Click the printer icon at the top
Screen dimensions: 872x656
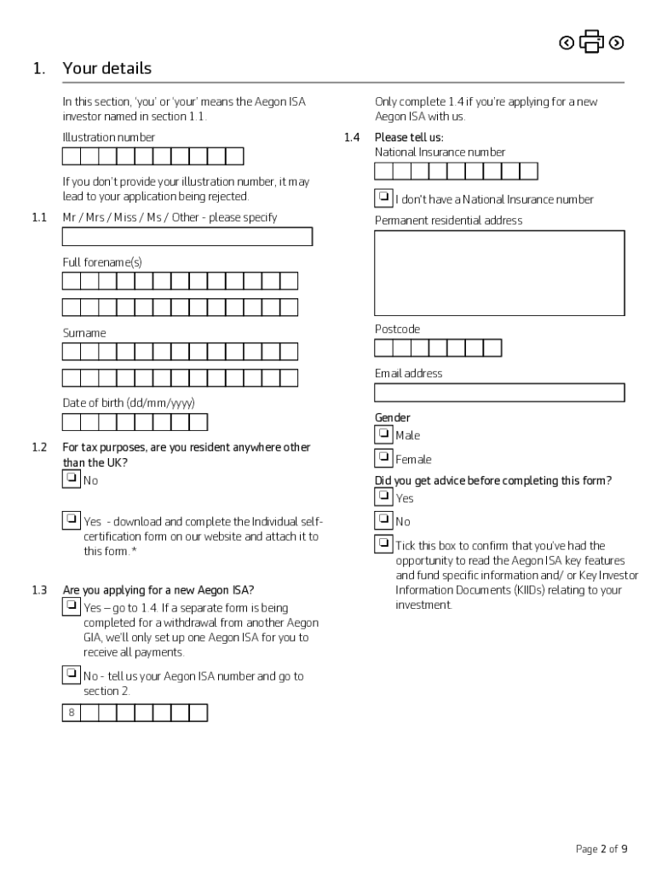point(591,42)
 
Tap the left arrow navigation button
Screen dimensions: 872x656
point(567,43)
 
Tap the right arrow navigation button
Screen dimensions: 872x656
point(617,43)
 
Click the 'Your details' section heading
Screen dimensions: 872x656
point(106,68)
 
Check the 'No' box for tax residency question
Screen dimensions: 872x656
point(72,479)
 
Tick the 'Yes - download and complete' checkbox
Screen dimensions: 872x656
point(72,519)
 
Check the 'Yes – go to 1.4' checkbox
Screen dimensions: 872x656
point(72,606)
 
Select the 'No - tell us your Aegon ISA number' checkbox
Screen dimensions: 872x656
point(72,674)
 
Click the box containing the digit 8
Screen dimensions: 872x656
point(72,713)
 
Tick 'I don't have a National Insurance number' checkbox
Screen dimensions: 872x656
point(383,198)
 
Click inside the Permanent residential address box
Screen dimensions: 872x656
point(499,272)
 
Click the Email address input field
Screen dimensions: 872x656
point(499,393)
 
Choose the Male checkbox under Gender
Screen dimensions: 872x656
point(383,434)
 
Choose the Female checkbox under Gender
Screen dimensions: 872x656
point(383,458)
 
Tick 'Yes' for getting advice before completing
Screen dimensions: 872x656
point(383,496)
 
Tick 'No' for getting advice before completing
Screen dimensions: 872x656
point(383,519)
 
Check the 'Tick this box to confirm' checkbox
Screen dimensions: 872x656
point(383,544)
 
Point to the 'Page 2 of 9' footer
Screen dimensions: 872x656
point(601,849)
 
